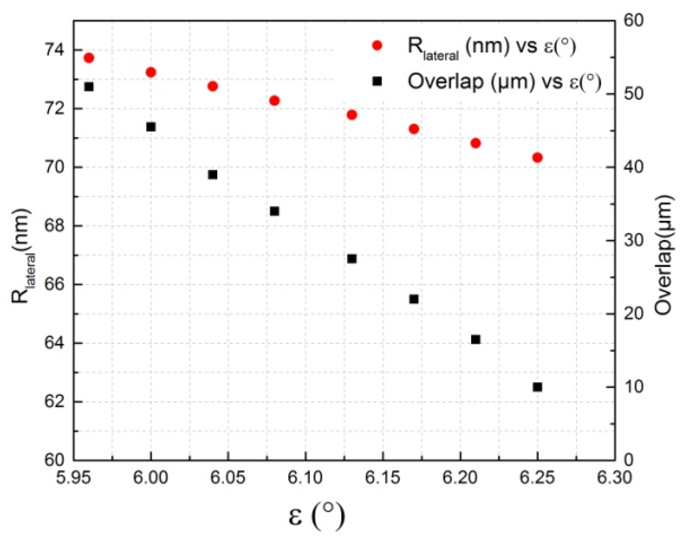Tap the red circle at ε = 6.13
(352, 115)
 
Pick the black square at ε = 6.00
(151, 127)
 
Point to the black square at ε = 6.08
(275, 211)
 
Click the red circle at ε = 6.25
(537, 158)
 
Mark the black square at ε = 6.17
(414, 299)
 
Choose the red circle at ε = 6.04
(213, 86)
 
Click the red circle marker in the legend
(377, 45)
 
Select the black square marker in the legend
(377, 82)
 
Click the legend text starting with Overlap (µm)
(504, 82)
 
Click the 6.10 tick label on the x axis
(305, 478)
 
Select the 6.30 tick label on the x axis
(614, 478)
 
